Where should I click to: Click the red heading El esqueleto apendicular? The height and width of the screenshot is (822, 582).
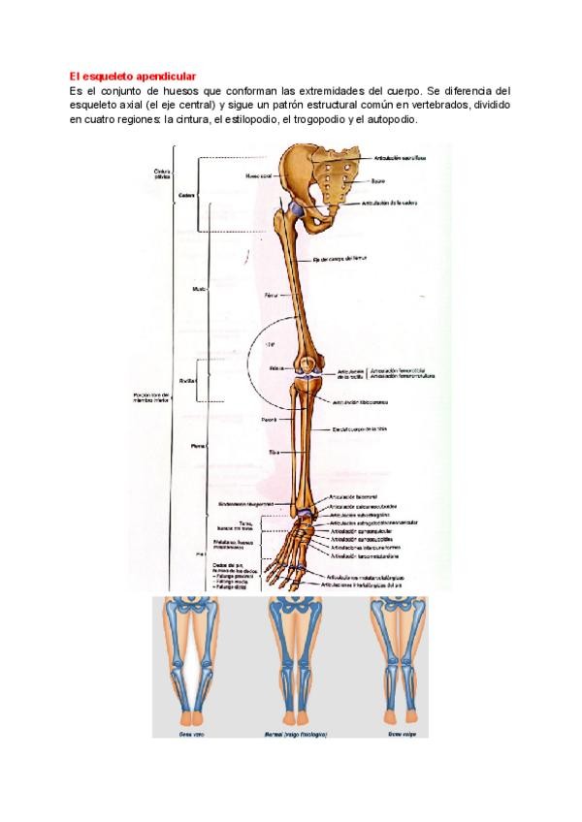(132, 76)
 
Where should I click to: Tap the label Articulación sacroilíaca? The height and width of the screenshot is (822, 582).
(401, 156)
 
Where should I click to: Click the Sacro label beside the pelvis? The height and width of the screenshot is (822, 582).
(379, 179)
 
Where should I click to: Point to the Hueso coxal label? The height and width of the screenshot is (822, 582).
(259, 176)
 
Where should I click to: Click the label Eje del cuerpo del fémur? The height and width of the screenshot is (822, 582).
(344, 260)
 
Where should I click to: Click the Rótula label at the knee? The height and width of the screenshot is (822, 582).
(276, 368)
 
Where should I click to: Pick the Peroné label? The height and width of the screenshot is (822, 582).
(269, 419)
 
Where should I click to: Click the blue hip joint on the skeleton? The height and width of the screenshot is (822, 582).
(293, 210)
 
